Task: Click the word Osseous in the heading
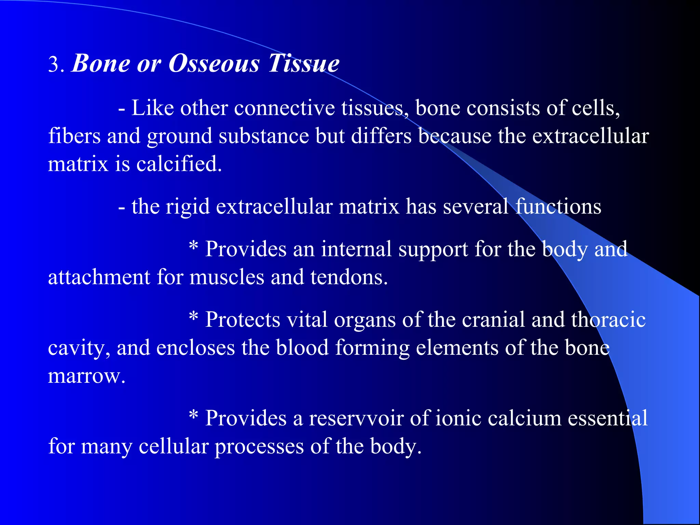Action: [x=214, y=64]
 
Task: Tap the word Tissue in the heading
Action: [x=304, y=64]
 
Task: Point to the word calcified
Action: [x=179, y=164]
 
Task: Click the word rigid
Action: [x=188, y=206]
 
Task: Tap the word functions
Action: [x=558, y=206]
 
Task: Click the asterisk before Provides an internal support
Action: [x=193, y=246]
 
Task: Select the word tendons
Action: [x=349, y=277]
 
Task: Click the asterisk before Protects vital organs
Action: [x=193, y=317]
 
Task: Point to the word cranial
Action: [x=493, y=320]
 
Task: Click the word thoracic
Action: [x=608, y=320]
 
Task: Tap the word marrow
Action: [x=86, y=376]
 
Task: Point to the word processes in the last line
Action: [x=259, y=446]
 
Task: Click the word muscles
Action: [x=227, y=277]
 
